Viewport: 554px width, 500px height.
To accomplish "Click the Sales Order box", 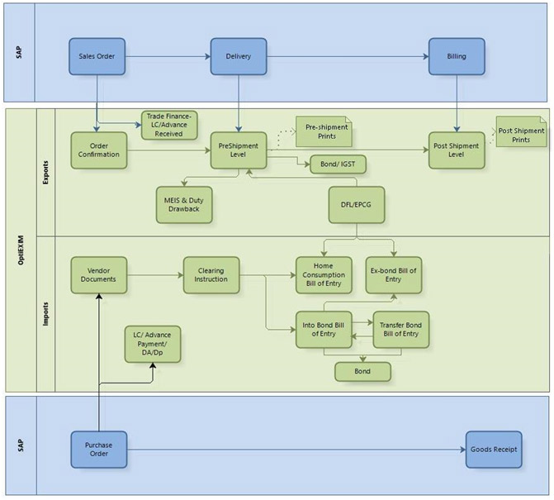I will tap(97, 57).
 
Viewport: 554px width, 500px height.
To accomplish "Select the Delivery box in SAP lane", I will tap(238, 57).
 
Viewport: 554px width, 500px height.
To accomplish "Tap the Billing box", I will tap(457, 57).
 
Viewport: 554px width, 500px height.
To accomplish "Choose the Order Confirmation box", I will tap(99, 150).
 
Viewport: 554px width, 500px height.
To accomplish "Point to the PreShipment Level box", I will tap(238, 150).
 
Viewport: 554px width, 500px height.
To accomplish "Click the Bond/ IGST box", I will tap(338, 164).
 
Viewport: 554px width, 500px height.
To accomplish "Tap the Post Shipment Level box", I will tap(457, 150).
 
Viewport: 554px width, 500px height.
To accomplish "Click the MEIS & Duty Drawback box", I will tap(184, 204).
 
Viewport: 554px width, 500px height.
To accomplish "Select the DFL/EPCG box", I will tap(357, 204).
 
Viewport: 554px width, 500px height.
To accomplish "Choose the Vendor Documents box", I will tap(99, 274).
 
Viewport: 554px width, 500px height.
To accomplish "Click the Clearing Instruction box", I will tap(211, 274).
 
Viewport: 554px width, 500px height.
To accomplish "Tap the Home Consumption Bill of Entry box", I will tap(324, 274).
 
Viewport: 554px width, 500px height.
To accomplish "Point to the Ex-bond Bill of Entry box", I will tap(394, 274).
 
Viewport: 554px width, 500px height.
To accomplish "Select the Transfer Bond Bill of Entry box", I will tap(400, 329).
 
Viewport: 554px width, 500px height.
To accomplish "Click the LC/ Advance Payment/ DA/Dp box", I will tap(153, 344).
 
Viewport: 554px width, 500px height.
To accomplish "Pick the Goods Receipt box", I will tap(494, 450).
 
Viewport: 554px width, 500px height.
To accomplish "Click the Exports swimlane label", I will tap(43, 172).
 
